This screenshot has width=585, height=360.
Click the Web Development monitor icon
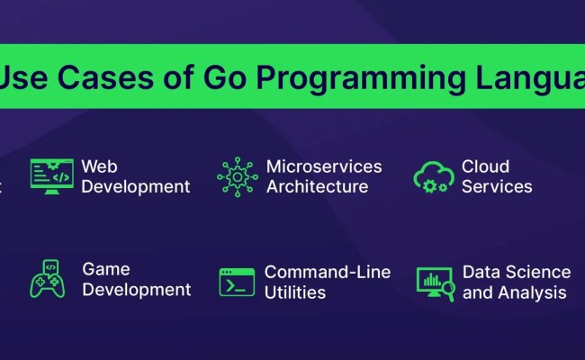point(51,176)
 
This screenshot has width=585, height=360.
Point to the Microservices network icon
point(238,176)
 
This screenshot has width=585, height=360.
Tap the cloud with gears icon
point(432,176)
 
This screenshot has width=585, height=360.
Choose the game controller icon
point(48,279)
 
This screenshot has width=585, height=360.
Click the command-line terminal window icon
point(237,282)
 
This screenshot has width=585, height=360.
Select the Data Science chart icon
point(434,283)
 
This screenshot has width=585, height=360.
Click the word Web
point(100,166)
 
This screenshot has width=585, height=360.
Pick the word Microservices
point(324,166)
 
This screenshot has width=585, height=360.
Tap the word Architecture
point(317,187)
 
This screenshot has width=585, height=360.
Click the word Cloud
point(486,166)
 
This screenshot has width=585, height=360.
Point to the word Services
point(497,187)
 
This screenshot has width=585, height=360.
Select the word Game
point(106,269)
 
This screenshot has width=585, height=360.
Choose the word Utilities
point(294,292)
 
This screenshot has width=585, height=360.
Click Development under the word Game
point(137,290)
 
